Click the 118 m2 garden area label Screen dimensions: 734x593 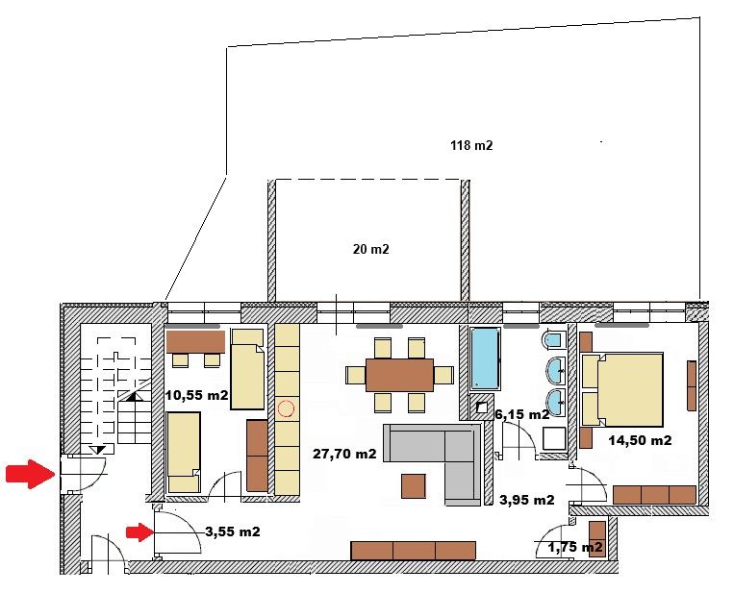[x=471, y=145]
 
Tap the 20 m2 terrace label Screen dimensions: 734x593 [x=370, y=249]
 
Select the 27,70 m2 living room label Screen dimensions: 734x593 [x=344, y=454]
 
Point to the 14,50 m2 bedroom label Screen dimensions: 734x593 [x=640, y=440]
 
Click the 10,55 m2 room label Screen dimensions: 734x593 [x=196, y=395]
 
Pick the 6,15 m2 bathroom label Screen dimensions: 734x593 [x=522, y=414]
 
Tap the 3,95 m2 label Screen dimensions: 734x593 [x=527, y=500]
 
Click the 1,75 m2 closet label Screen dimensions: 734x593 [x=575, y=547]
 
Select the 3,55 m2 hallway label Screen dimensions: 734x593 [x=233, y=531]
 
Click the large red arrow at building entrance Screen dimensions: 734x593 [x=31, y=474]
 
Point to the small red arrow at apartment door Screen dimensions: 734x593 [x=139, y=532]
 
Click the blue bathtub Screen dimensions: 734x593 [x=486, y=358]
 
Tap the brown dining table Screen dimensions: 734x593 [x=400, y=375]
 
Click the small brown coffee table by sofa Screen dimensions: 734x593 [x=414, y=486]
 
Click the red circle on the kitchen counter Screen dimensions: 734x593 [x=286, y=408]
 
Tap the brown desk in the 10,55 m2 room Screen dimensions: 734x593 [x=195, y=342]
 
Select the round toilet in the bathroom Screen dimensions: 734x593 [x=553, y=339]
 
